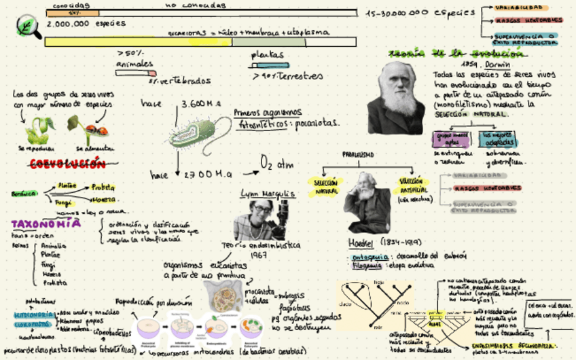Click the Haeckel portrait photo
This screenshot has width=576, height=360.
(367, 202)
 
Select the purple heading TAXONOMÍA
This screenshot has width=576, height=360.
(46, 223)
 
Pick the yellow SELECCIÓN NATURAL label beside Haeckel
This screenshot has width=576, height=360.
(326, 187)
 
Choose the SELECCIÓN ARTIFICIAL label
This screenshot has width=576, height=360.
(411, 185)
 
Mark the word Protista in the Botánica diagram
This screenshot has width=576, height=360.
(103, 187)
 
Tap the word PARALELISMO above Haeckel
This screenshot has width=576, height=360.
(357, 155)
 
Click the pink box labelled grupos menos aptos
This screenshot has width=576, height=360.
(452, 138)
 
